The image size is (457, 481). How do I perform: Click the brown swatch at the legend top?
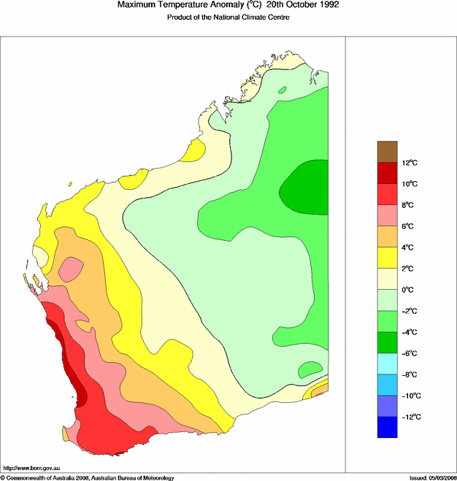pyautogui.click(x=387, y=151)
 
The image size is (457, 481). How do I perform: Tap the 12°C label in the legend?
pyautogui.click(x=411, y=162)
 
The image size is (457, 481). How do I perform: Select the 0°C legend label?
pyautogui.click(x=410, y=290)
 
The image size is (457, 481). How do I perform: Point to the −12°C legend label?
pyautogui.click(x=411, y=417)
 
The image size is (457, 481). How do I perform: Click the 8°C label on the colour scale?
pyautogui.click(x=410, y=205)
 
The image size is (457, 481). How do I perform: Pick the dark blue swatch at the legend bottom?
pyautogui.click(x=387, y=427)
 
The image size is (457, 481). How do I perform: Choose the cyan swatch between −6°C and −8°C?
pyautogui.click(x=387, y=363)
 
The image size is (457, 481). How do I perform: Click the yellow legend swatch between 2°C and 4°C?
pyautogui.click(x=387, y=258)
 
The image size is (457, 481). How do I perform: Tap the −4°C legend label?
pyautogui.click(x=411, y=332)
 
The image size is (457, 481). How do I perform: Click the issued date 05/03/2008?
pyautogui.click(x=437, y=477)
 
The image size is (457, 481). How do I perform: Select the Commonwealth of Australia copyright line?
pyautogui.click(x=88, y=477)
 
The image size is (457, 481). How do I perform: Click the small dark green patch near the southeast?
pyautogui.click(x=310, y=368)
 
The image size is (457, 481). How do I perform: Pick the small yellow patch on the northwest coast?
pyautogui.click(x=193, y=150)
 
